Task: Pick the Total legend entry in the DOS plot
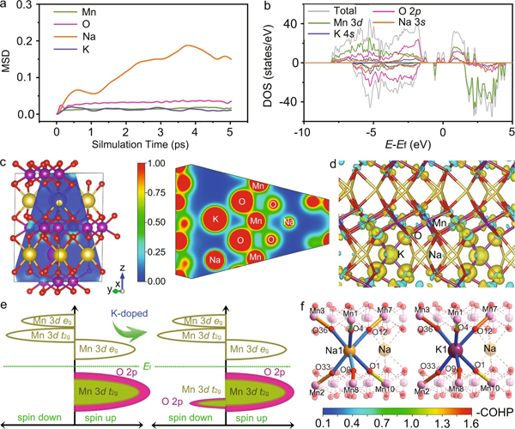click(x=365, y=12)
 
